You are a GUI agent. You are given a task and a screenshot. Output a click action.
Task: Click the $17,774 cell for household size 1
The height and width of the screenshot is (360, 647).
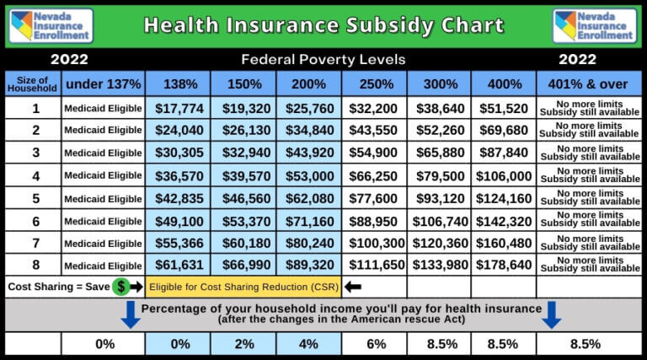point(178,108)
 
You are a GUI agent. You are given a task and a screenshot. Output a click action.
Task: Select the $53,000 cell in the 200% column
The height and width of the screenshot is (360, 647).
point(308,175)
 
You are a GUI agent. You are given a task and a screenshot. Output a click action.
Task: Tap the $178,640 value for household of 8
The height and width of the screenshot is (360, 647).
point(504,265)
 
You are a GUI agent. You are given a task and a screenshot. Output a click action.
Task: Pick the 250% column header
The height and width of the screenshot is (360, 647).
point(374,84)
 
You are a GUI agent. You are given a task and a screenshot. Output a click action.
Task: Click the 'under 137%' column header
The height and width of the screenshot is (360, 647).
point(102,84)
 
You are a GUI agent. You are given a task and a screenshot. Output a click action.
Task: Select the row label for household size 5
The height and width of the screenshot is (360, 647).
point(35,198)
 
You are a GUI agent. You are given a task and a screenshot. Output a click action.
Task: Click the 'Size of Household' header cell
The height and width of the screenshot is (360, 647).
point(33,84)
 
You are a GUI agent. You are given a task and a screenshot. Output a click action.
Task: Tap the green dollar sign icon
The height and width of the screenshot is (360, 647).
point(121,287)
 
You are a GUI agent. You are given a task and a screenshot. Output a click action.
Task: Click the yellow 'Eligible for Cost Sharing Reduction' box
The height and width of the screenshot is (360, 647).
point(243,287)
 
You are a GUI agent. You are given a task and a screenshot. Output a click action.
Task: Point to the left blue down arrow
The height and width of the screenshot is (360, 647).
point(131,314)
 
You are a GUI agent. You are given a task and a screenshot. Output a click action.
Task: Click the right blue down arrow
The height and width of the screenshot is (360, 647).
point(552,314)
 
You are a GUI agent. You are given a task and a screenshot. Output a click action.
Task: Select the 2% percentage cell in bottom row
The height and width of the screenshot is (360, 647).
point(243,344)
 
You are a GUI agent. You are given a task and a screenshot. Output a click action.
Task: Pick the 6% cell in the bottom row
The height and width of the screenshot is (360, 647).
point(374,344)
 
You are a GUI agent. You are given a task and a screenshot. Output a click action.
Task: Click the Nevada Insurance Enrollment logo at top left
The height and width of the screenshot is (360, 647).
point(51,25)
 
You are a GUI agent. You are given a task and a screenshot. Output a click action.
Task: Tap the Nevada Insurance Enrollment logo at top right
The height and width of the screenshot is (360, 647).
point(595,25)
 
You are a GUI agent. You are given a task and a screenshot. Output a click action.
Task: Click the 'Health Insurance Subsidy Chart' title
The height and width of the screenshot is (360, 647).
point(323,25)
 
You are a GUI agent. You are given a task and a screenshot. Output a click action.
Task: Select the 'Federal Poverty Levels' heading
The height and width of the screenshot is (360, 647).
point(323,60)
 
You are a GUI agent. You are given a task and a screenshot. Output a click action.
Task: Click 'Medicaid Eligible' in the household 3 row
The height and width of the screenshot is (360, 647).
point(102,153)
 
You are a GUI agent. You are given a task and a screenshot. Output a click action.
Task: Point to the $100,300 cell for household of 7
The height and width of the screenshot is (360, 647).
point(374,243)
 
